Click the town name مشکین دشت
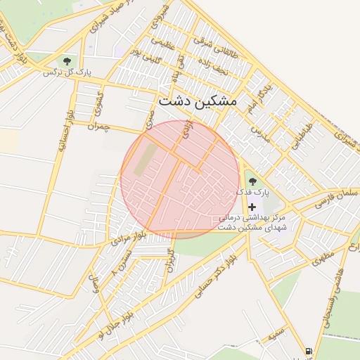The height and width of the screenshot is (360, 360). click(x=198, y=101)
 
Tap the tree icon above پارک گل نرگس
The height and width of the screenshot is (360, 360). click(x=67, y=61)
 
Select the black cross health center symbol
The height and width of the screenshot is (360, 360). click(x=252, y=206)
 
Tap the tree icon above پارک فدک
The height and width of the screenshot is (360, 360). click(x=252, y=183)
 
